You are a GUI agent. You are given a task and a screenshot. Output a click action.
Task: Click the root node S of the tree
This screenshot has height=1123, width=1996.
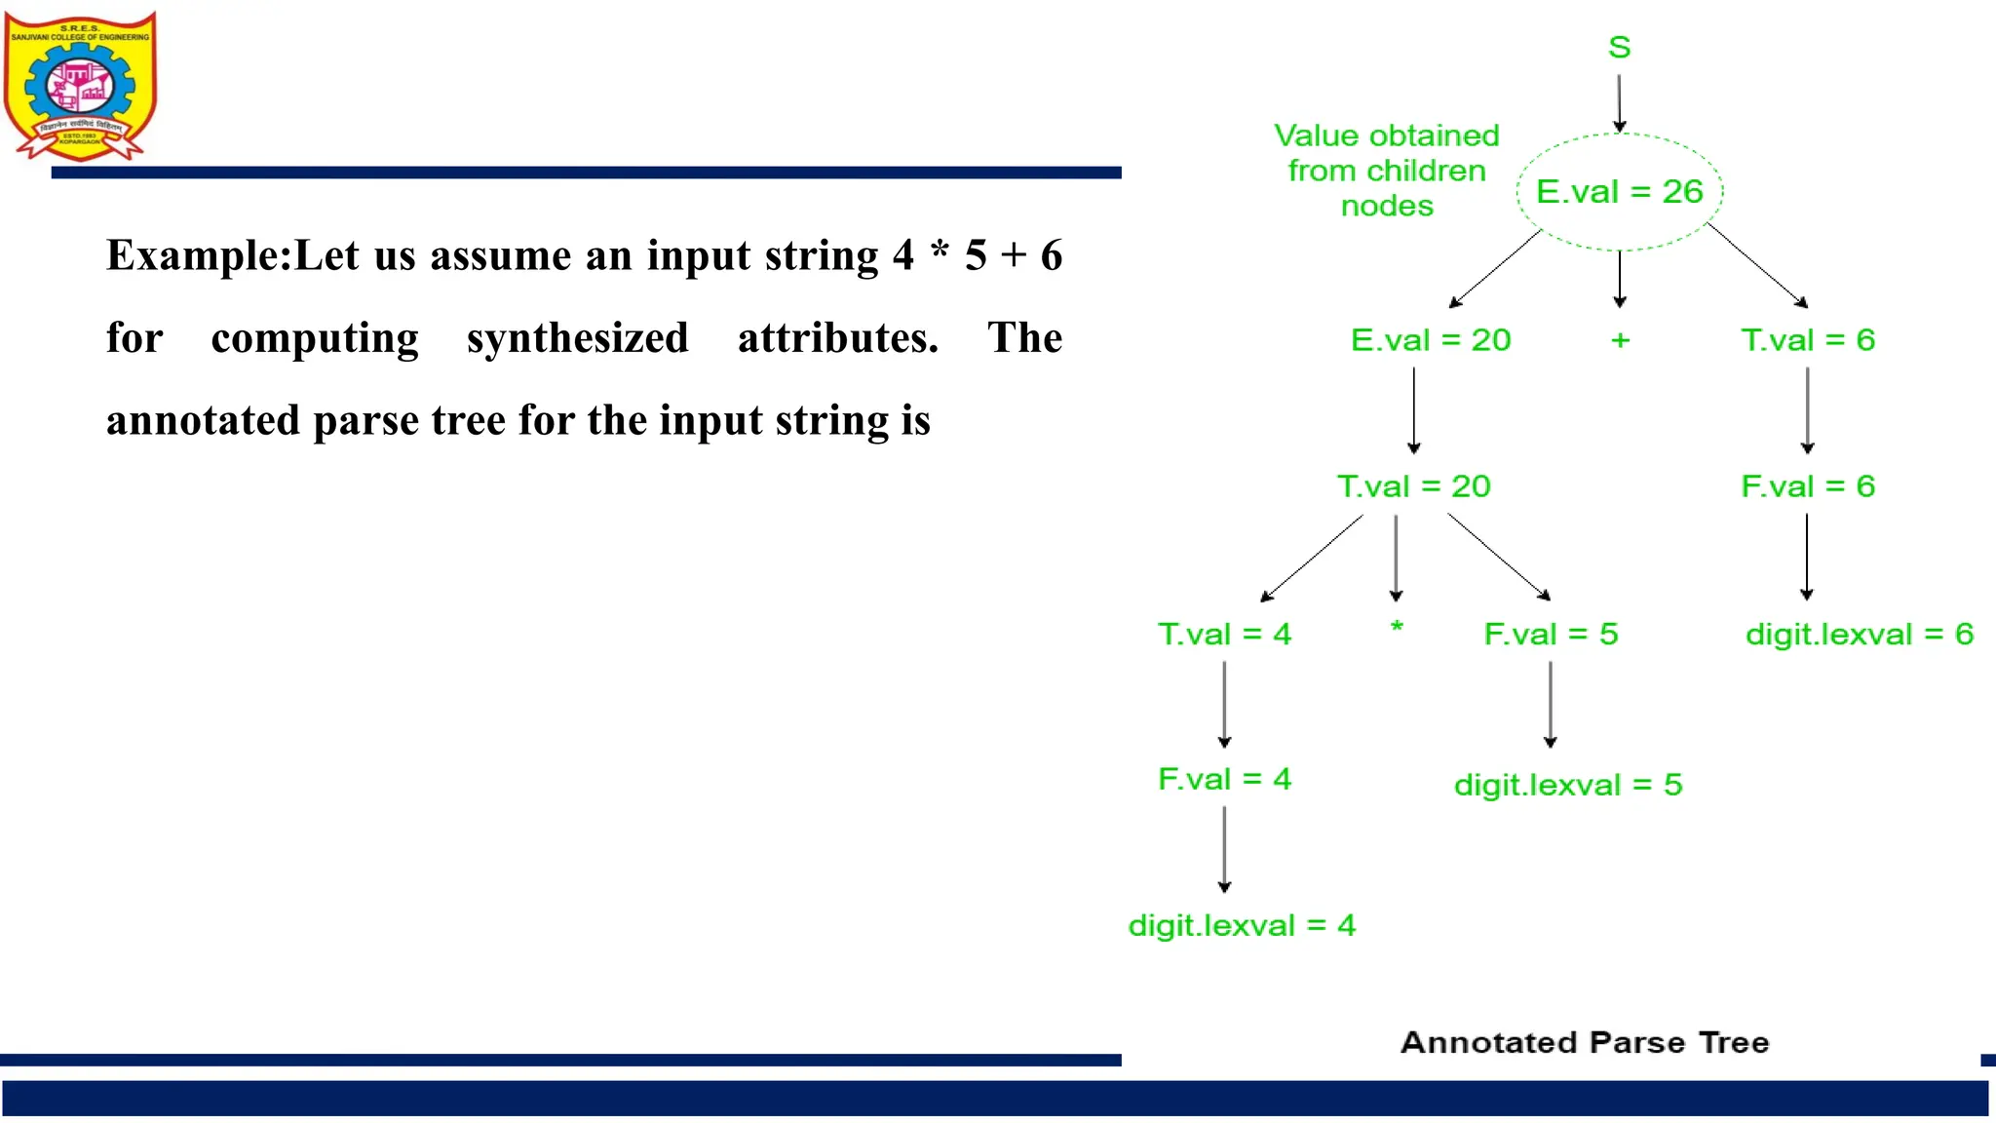[1619, 47]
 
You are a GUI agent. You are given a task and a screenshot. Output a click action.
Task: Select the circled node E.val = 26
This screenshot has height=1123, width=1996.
[1619, 192]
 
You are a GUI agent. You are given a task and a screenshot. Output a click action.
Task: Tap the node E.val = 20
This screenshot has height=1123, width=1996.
[1430, 340]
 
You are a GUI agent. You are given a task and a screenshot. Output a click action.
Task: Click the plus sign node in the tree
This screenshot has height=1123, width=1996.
[1620, 340]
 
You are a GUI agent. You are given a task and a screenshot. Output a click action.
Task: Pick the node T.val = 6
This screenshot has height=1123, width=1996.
[1807, 340]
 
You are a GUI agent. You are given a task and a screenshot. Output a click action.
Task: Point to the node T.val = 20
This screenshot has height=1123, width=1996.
[1413, 486]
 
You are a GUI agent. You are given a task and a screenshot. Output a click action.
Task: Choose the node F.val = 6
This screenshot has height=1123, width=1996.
[1807, 486]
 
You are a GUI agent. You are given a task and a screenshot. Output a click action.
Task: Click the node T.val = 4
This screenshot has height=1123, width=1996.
[1224, 635]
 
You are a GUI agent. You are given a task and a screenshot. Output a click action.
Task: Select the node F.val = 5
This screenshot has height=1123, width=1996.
[1550, 635]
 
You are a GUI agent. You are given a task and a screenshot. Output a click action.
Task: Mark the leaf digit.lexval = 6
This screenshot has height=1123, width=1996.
[1859, 635]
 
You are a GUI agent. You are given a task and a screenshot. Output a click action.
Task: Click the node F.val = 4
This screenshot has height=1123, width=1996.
[1224, 780]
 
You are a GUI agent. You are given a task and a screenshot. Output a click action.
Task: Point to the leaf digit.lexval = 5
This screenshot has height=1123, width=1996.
[1567, 785]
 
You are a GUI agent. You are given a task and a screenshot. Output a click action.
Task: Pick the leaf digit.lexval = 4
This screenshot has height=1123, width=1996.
[1242, 925]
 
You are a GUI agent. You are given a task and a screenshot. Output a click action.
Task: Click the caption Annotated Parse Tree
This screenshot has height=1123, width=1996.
[1584, 1042]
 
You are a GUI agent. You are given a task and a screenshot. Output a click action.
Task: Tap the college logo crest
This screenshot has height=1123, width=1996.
[80, 86]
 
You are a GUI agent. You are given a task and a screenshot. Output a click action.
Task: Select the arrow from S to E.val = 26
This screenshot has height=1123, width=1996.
[1619, 102]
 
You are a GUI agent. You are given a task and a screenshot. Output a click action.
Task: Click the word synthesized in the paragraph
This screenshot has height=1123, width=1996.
[577, 338]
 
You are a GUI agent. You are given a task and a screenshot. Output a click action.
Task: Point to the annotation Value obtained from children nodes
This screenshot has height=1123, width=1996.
[1386, 171]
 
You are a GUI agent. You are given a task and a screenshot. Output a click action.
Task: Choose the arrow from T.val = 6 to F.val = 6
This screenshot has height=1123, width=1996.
[1807, 409]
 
